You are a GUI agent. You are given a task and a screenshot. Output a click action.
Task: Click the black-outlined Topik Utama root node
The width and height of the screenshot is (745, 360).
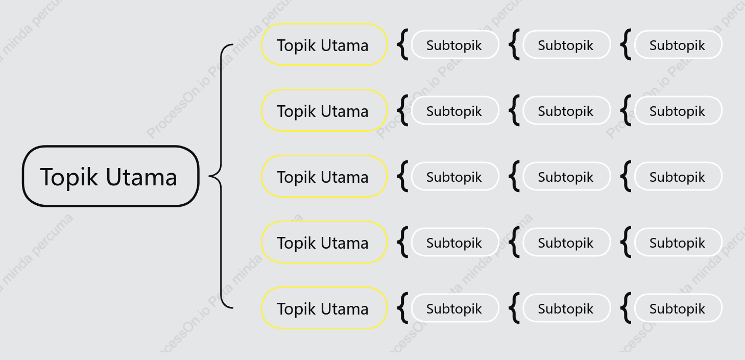click(x=111, y=176)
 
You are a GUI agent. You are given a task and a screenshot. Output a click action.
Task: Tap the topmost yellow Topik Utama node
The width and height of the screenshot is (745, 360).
click(x=324, y=44)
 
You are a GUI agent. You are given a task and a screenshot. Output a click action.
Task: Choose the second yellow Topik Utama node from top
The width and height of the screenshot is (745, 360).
click(x=324, y=110)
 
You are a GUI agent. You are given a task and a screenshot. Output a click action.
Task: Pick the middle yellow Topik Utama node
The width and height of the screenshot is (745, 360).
click(x=324, y=176)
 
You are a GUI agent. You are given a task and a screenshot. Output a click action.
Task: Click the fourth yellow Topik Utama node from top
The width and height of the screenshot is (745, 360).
click(x=324, y=242)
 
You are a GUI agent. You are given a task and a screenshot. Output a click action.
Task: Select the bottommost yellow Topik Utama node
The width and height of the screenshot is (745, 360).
click(x=324, y=308)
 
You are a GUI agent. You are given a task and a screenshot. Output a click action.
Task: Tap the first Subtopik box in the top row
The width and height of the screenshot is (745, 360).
click(x=455, y=44)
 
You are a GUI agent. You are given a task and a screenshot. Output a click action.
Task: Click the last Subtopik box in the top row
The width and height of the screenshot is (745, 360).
click(x=678, y=44)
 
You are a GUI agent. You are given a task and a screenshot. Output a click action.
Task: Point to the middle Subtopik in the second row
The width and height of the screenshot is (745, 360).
click(x=566, y=110)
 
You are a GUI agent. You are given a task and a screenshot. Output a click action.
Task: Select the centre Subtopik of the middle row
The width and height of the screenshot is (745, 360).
click(x=566, y=176)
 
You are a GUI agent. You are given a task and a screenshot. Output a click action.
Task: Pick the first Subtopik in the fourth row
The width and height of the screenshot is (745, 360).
click(x=455, y=242)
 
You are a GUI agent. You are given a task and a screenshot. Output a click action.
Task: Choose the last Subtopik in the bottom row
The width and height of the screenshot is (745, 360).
click(x=678, y=308)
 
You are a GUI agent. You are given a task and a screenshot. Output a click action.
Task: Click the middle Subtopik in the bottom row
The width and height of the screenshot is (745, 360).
click(x=566, y=308)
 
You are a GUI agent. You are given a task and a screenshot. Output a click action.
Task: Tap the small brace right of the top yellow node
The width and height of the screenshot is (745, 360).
click(x=402, y=44)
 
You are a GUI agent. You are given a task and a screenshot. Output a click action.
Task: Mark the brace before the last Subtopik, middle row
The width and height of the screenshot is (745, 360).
click(x=625, y=176)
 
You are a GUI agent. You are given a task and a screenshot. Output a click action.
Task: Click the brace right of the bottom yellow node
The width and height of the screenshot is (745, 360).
click(x=402, y=308)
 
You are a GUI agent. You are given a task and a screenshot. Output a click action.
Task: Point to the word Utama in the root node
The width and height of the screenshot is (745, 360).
click(x=141, y=177)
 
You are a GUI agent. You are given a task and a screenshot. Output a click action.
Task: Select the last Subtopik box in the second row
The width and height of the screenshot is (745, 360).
click(x=678, y=110)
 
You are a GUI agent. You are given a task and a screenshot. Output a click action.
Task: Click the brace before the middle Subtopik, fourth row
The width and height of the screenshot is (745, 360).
click(x=513, y=242)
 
